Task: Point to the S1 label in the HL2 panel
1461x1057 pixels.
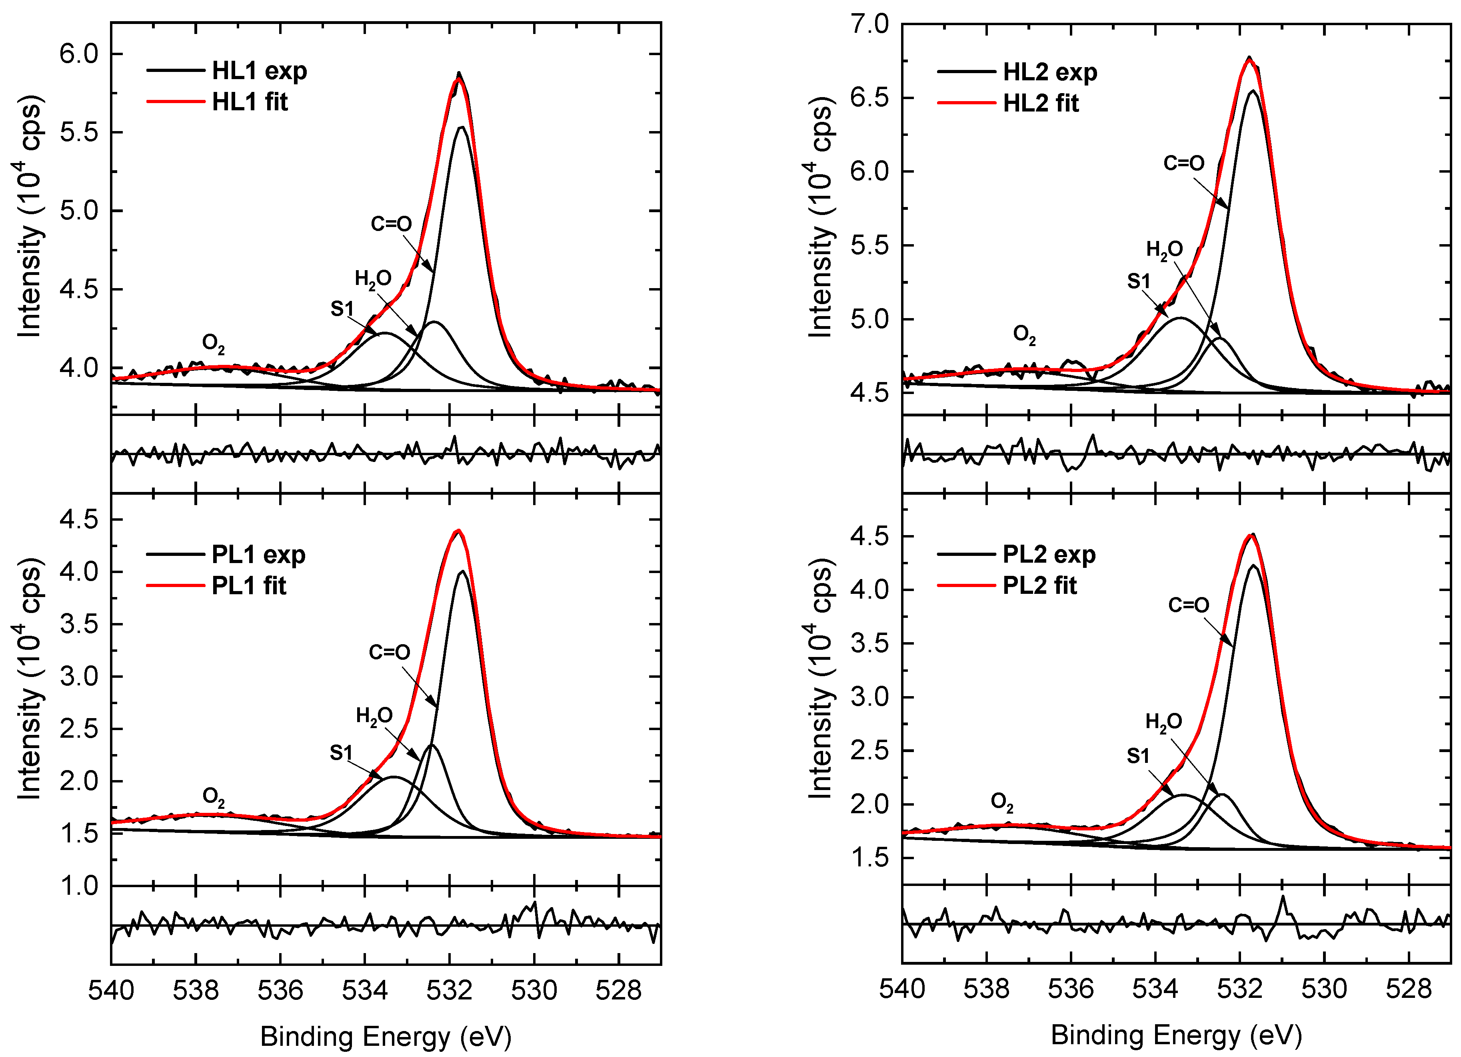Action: [x=1138, y=281]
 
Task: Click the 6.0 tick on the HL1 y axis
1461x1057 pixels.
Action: [x=79, y=54]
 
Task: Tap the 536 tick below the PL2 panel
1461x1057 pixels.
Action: [x=1071, y=989]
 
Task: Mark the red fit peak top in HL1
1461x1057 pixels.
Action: [x=458, y=80]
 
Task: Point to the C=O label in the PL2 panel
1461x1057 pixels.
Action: [x=1189, y=605]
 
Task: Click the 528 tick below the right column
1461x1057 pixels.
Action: [x=1409, y=989]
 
